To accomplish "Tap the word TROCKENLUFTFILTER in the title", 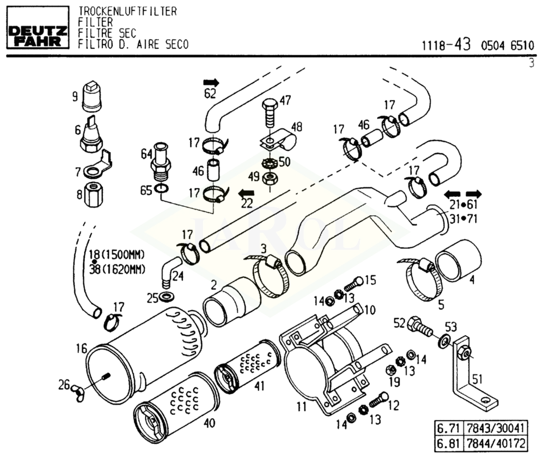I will (x=127, y=12).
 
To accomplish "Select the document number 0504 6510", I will (x=507, y=46).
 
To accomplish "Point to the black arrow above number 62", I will (x=211, y=82).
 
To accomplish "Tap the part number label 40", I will (x=210, y=423).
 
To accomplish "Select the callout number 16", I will (x=81, y=348).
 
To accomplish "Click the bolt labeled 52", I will (x=418, y=326).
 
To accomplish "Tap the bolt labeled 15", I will (x=354, y=283).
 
